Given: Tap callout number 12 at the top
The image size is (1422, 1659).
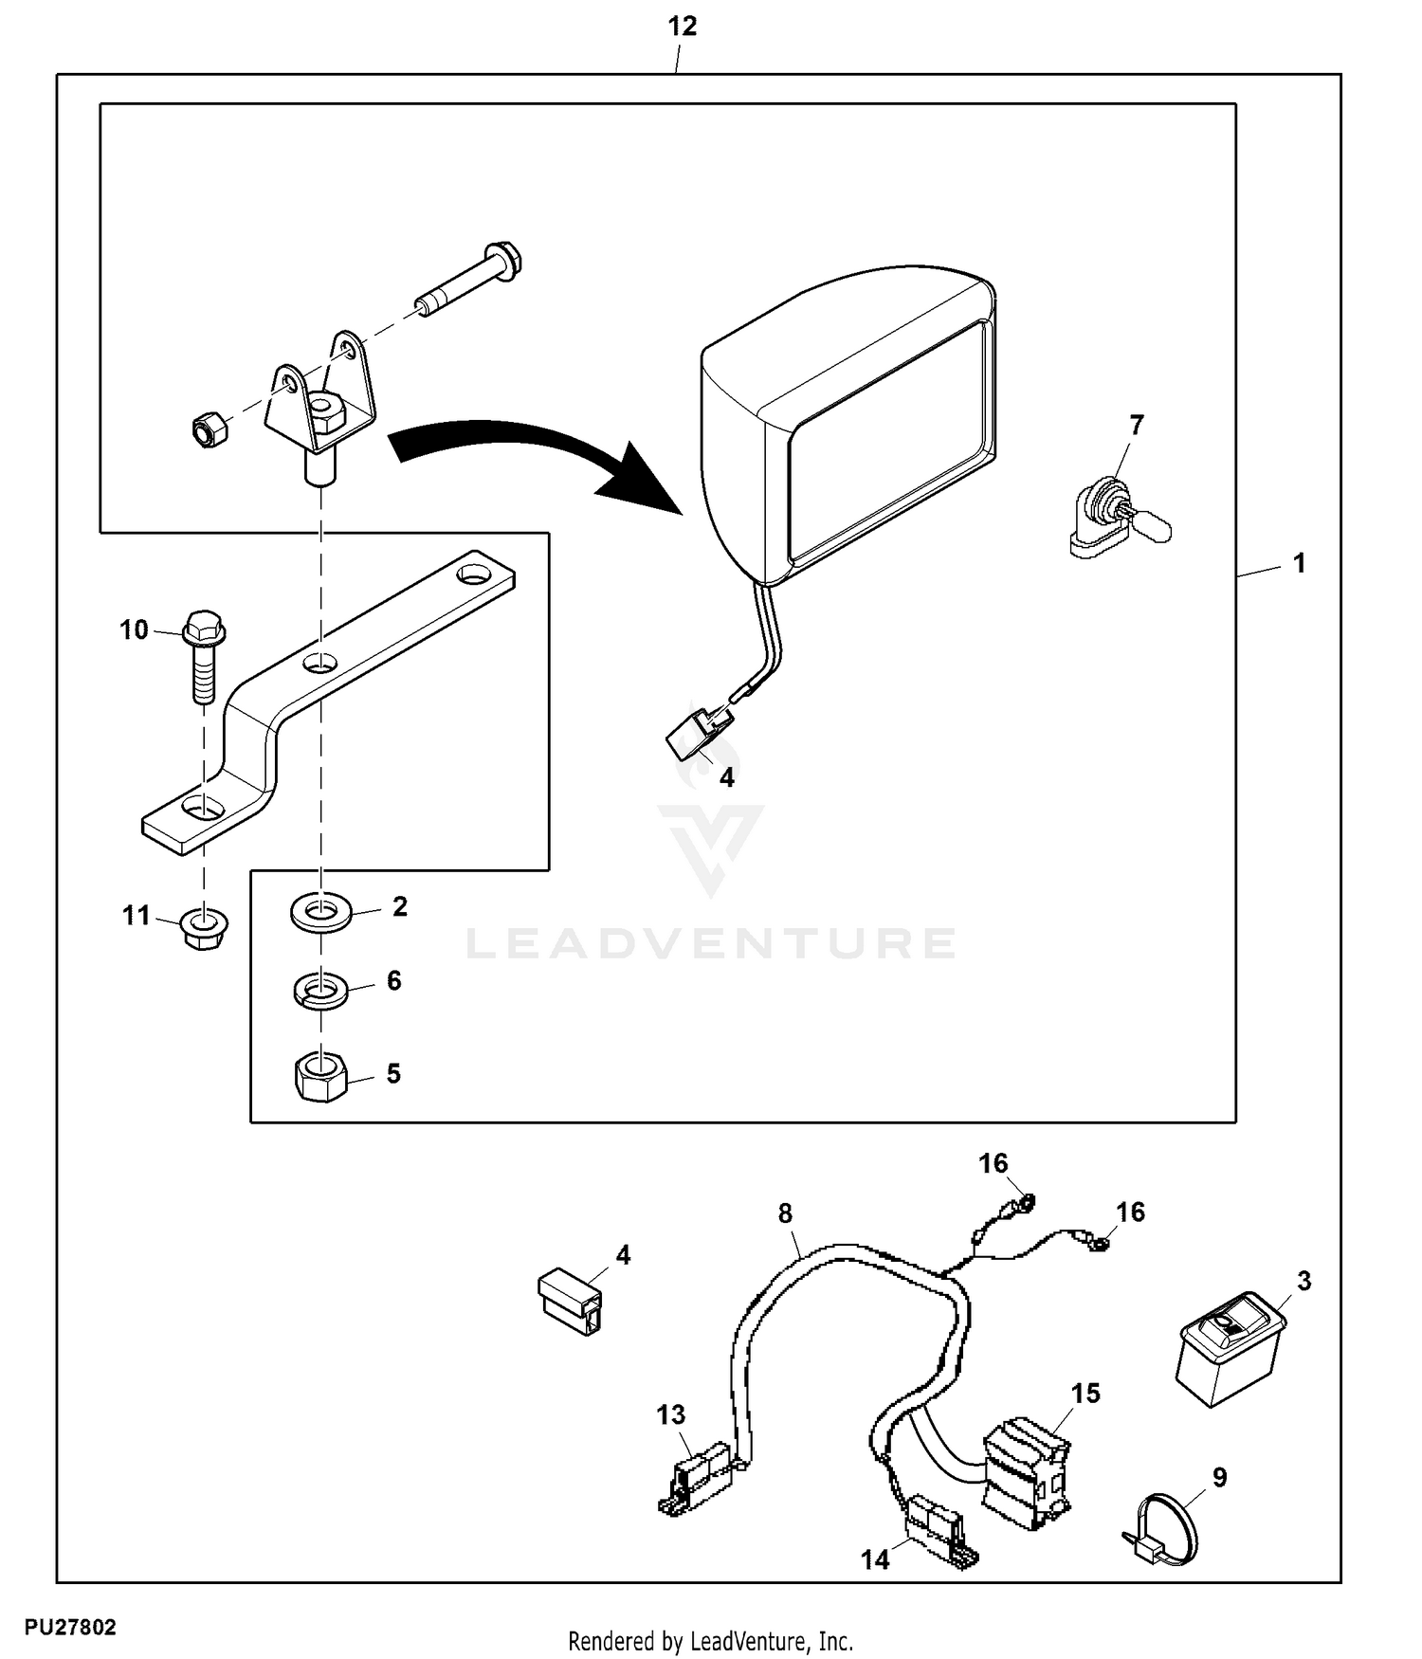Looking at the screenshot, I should tap(682, 27).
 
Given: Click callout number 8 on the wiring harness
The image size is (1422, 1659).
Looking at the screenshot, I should tap(785, 1213).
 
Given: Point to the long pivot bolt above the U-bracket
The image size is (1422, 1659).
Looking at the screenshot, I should tap(469, 280).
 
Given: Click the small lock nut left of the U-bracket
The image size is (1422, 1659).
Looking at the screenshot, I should tap(208, 431).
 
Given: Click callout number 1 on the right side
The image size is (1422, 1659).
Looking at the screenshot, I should tap(1299, 563).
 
